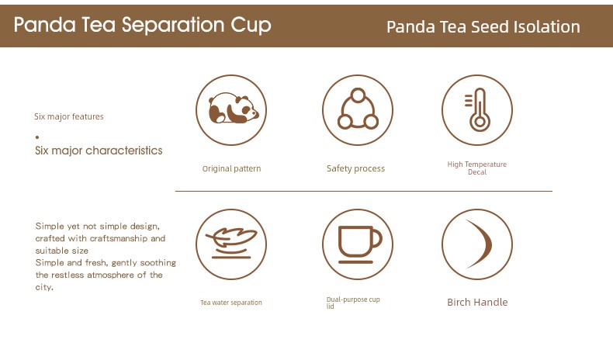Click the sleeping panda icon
tap(233, 109)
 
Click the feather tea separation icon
tap(231, 243)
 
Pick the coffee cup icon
tap(360, 244)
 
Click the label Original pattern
tap(231, 168)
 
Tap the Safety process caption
tap(355, 168)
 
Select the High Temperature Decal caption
tap(477, 168)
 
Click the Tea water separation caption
tap(231, 303)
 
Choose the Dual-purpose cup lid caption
tap(353, 303)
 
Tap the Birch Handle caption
tap(477, 302)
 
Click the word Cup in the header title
tap(251, 26)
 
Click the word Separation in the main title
tap(173, 26)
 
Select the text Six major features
tap(69, 116)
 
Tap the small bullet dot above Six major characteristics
tap(37, 137)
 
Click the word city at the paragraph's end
tap(43, 287)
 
